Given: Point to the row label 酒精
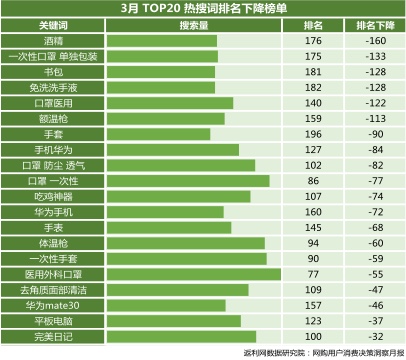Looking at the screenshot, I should point(52,41).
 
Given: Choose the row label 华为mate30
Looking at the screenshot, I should point(52,304).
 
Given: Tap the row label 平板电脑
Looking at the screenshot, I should point(52,320).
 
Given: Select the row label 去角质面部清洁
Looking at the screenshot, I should point(52,289).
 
